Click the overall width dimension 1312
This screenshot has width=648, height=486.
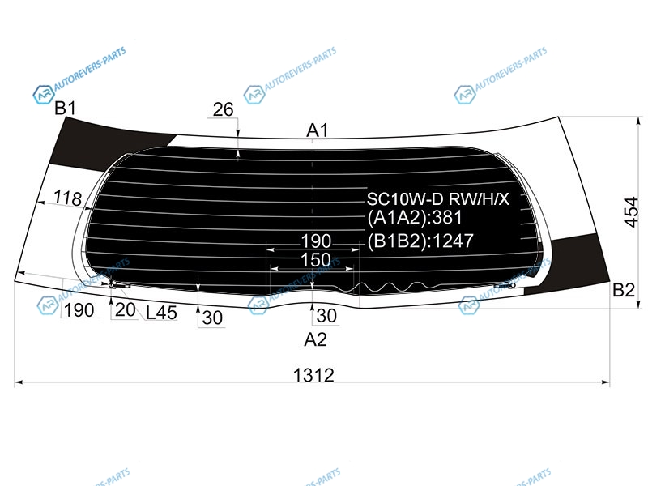click(313, 375)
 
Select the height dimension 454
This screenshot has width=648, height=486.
click(631, 212)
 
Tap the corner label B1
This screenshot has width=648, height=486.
click(66, 109)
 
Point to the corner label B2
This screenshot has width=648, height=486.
click(623, 290)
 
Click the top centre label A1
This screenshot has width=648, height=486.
click(317, 130)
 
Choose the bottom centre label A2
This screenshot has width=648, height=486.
click(315, 339)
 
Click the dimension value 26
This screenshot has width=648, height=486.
click(224, 109)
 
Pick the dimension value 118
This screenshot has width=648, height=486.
click(68, 198)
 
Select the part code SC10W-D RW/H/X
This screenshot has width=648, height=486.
click(438, 199)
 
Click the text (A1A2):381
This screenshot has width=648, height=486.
click(415, 218)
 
